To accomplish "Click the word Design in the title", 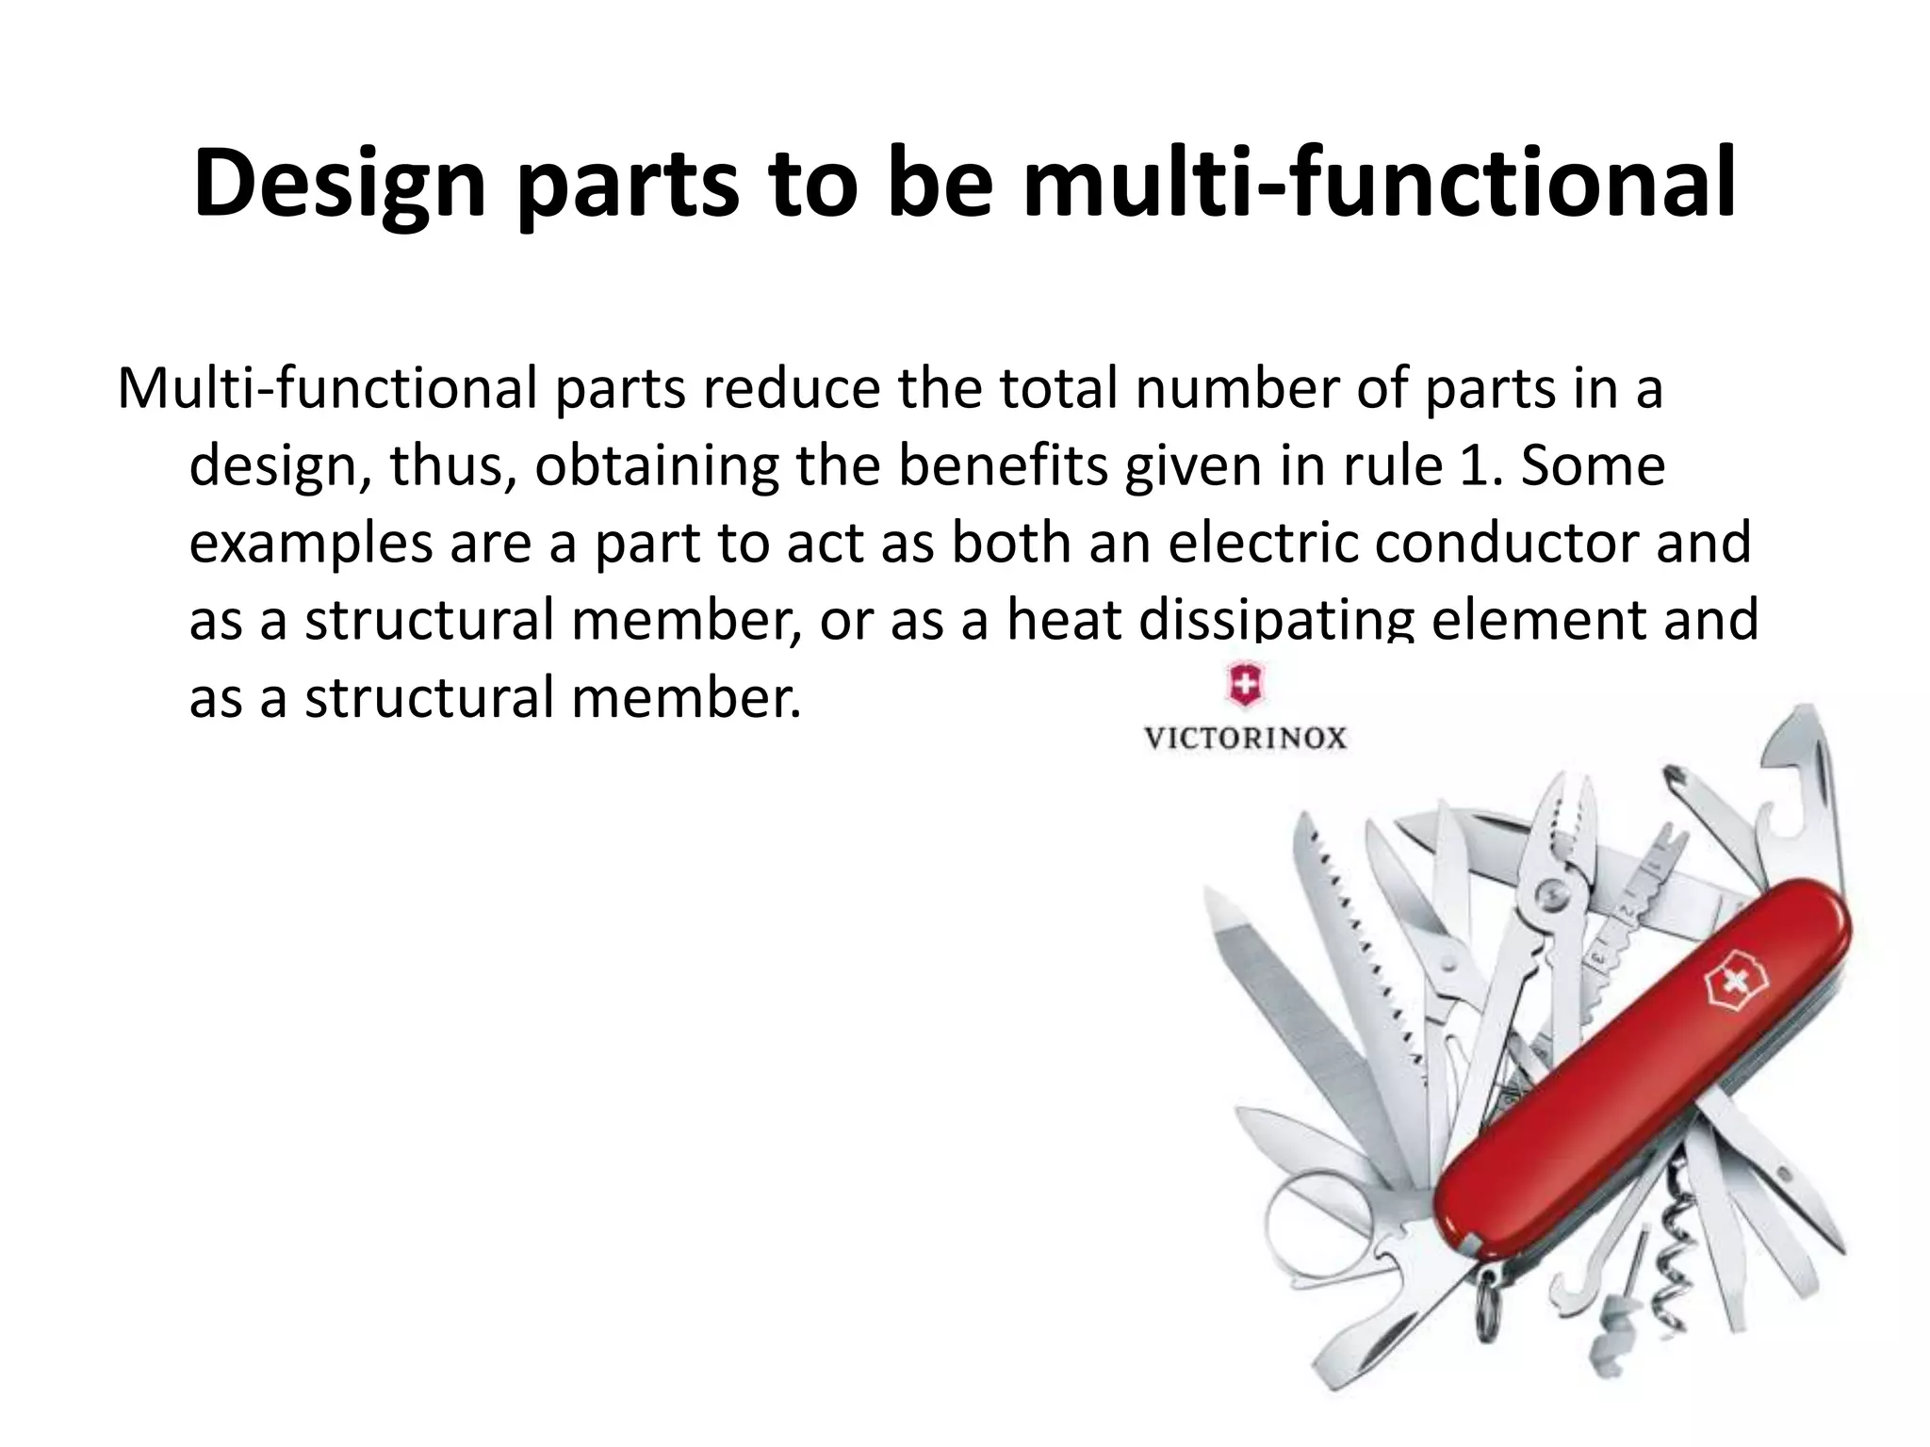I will click(x=338, y=184).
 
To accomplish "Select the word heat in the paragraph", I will click(x=1063, y=620).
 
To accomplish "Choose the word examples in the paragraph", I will click(x=310, y=545).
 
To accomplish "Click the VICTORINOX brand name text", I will click(x=1246, y=738).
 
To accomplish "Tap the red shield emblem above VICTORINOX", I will click(x=1245, y=685).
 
